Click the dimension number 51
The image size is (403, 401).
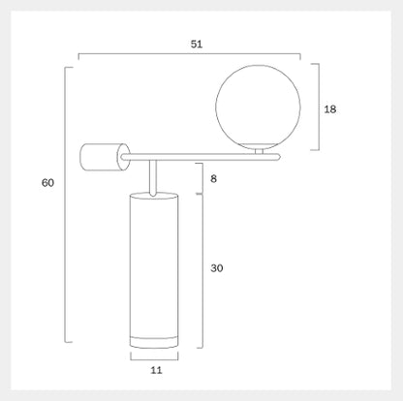pos(197,45)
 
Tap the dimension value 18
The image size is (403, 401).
pos(330,109)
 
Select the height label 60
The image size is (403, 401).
pos(47,183)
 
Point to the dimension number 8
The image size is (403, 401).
pos(213,178)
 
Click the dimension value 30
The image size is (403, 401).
pos(217,268)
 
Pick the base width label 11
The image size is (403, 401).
pos(156,370)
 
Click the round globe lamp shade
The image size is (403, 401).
pos(258,108)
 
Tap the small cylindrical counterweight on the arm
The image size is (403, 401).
pos(105,157)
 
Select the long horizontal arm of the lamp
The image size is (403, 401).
pos(200,157)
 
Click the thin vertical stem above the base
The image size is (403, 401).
pos(153,178)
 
